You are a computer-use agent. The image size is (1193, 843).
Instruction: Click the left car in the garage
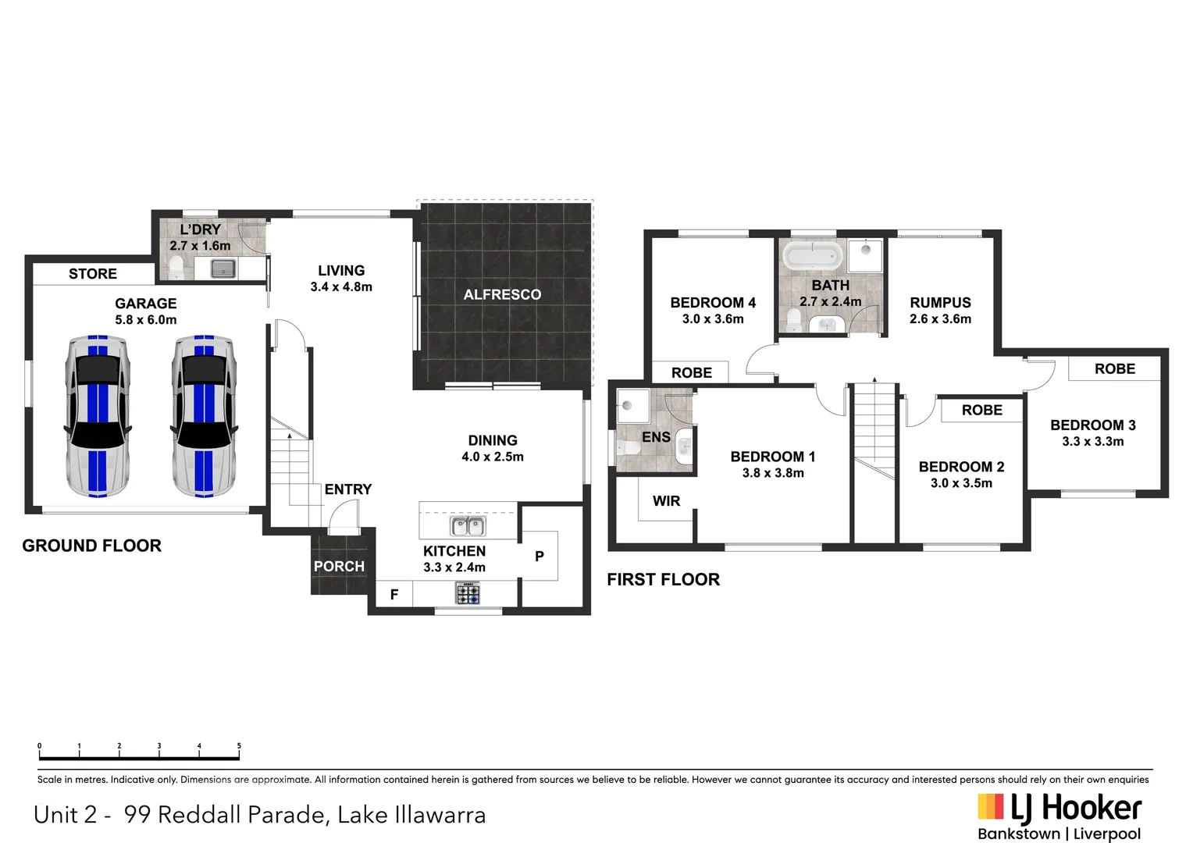coord(98,416)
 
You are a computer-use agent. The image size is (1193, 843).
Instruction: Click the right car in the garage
coord(203,416)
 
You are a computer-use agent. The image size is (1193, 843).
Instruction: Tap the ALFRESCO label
coord(502,294)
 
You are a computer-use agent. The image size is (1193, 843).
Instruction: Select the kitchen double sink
coord(468,526)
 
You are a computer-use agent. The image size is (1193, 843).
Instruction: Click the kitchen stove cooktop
coord(468,595)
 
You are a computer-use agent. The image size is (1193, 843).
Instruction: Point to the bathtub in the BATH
coord(813,255)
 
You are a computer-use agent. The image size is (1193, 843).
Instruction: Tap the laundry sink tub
coord(223,269)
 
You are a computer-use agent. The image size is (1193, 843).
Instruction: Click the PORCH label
coord(339,567)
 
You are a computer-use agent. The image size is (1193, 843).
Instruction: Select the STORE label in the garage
coord(92,274)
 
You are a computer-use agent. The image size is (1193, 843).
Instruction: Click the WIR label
coord(666,501)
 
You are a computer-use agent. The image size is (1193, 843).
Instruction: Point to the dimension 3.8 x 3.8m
coord(772,473)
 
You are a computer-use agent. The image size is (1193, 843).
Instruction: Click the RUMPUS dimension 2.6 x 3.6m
coord(940,319)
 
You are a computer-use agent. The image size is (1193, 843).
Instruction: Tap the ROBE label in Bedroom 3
coord(1114,369)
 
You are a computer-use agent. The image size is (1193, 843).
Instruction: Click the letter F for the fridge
coord(394,595)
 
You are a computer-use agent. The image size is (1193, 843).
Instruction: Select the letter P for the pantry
coord(539,557)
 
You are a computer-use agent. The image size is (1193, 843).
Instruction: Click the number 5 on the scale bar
coord(239,746)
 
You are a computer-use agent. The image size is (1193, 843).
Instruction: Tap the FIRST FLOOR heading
coord(663,579)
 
